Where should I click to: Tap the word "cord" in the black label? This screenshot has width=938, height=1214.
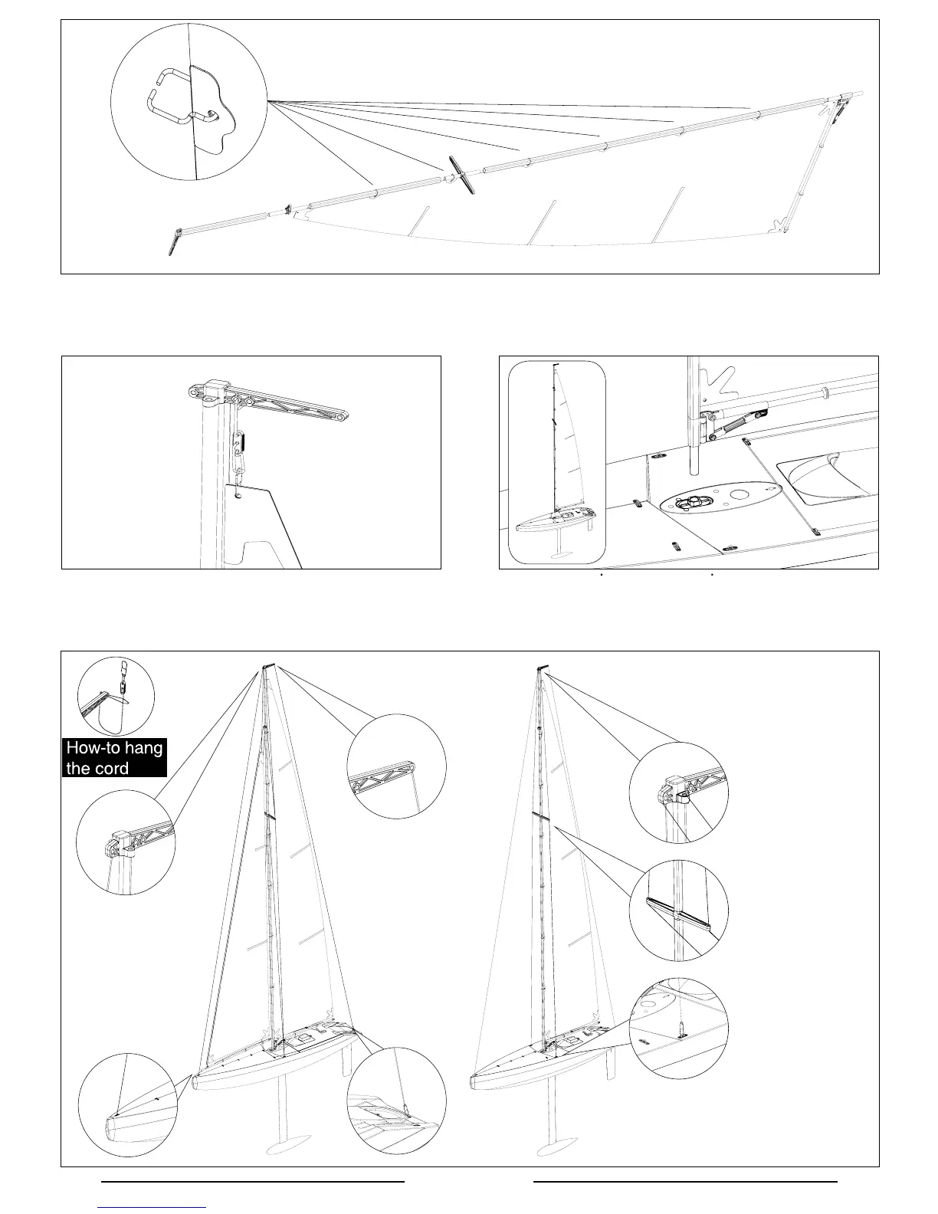113,769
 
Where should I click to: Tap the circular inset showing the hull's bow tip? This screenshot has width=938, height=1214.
127,1104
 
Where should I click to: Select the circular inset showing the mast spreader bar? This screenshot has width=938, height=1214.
678,910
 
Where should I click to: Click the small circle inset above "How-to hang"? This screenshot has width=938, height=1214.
116,696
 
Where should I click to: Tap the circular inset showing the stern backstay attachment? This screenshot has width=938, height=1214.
395,1100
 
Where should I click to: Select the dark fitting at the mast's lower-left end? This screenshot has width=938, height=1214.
173,241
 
